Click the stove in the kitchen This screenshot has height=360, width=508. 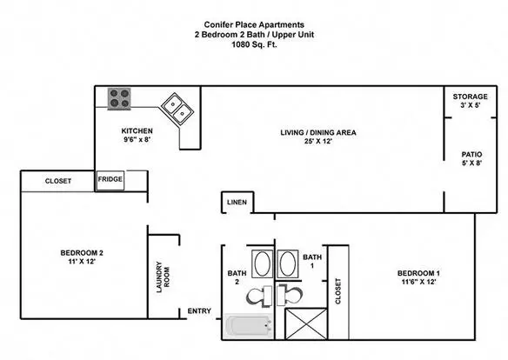coord(119,99)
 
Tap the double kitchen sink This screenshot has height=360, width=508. coord(177,109)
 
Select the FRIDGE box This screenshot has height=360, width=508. coord(110,180)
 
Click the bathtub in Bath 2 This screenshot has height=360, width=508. coord(249,326)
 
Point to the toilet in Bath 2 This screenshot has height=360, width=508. coord(259,296)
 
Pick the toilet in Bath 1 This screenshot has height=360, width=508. coord(290,296)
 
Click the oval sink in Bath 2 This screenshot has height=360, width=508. coord(263,263)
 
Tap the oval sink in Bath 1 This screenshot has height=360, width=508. coord(288,263)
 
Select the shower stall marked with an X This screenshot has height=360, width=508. coord(306,324)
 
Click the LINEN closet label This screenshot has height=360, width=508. coord(237,203)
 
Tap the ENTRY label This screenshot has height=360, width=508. coord(199,310)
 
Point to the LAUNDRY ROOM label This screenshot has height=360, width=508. coord(163,277)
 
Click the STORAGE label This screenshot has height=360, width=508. coord(470,97)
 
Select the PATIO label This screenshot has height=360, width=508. coord(471,155)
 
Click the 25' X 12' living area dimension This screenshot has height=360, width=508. coord(318,141)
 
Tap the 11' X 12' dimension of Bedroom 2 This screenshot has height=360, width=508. coord(82,262)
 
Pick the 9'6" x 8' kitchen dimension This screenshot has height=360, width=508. coord(137,140)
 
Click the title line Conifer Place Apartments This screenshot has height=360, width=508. coord(254,24)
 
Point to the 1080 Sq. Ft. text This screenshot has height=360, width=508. coord(254,44)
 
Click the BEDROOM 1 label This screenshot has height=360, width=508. coord(418,273)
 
